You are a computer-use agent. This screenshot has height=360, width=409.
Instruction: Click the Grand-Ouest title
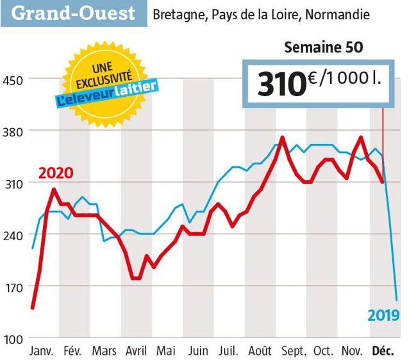pyautogui.click(x=74, y=13)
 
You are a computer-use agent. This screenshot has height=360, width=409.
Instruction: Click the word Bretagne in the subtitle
pyautogui.click(x=178, y=14)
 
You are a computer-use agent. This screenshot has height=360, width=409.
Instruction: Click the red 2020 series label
pyautogui.click(x=56, y=173)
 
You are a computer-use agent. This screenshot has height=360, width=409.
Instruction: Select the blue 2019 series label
pyautogui.click(x=383, y=315)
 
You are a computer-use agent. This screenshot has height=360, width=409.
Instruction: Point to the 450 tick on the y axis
pyautogui.click(x=14, y=79)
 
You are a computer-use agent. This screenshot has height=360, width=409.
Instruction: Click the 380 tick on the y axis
pyautogui.click(x=14, y=131)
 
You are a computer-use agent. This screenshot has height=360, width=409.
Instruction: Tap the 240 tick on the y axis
pyautogui.click(x=14, y=235)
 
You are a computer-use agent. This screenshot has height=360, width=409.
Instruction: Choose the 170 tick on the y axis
pyautogui.click(x=14, y=287)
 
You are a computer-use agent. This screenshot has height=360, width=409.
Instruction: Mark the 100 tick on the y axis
pyautogui.click(x=14, y=338)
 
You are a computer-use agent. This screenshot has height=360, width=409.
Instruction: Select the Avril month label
pyautogui.click(x=136, y=352)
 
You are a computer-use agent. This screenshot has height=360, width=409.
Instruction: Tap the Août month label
pyautogui.click(x=259, y=352)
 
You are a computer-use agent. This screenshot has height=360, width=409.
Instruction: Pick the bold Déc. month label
pyautogui.click(x=383, y=352)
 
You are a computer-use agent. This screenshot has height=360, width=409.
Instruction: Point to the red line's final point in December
pyautogui.click(x=383, y=183)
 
